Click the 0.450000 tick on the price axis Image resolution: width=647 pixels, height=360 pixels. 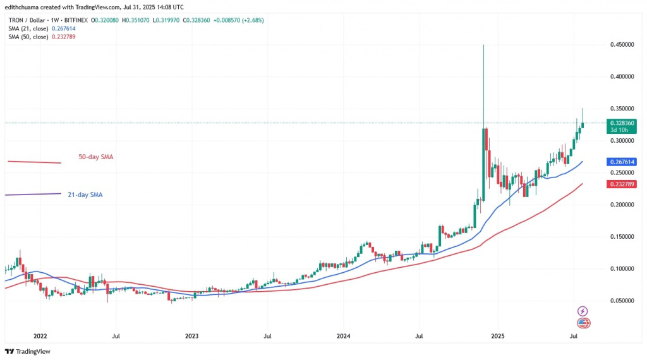[623, 45]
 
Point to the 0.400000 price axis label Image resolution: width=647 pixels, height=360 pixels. [623, 76]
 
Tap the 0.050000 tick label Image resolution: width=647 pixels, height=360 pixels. [623, 301]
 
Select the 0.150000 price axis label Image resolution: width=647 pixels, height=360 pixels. [623, 237]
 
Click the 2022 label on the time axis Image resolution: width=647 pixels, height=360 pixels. [40, 336]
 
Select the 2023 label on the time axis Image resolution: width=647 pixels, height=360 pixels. [191, 336]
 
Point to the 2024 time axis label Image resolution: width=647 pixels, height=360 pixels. [343, 336]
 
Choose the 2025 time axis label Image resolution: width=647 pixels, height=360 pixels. [498, 336]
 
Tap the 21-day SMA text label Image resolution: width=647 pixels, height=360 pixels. [85, 195]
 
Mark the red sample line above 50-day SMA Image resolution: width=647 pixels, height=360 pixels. [34, 162]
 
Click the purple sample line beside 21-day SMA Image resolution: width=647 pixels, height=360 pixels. [33, 194]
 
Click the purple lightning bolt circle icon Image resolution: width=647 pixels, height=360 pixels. [583, 311]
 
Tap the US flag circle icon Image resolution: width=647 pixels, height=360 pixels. [584, 323]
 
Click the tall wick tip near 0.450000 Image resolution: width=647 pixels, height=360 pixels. [483, 45]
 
